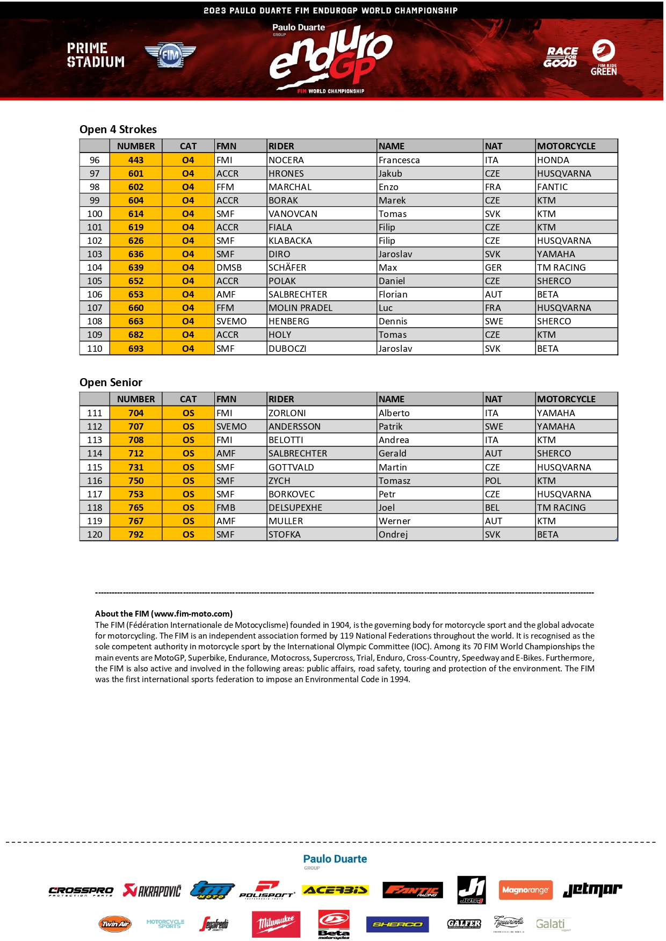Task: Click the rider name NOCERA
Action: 286,160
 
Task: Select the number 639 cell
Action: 136,267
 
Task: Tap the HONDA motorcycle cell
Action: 553,160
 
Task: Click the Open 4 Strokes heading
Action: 118,129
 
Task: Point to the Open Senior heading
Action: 111,382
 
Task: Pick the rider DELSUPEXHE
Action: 295,508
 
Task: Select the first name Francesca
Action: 399,160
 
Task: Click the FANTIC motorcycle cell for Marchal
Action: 552,187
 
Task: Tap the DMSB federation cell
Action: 229,267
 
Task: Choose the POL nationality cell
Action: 493,481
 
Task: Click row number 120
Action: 95,534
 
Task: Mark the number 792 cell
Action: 136,534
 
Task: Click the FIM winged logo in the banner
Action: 170,55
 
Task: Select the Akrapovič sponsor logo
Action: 152,891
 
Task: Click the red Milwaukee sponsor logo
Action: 276,923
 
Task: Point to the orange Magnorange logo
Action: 525,890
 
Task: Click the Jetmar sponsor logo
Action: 592,890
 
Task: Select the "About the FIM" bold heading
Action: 164,613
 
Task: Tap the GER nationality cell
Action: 493,267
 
